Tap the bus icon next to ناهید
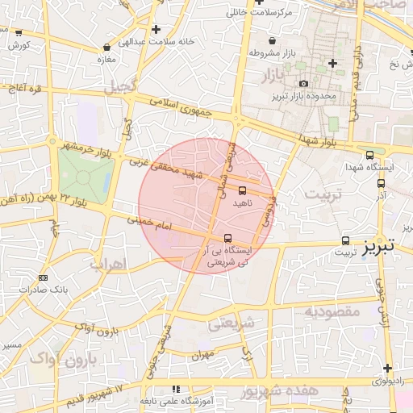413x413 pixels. tap(243, 190)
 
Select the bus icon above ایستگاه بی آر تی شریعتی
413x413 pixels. tap(228, 238)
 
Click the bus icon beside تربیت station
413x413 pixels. tap(345, 240)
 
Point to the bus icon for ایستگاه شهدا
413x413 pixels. tap(369, 155)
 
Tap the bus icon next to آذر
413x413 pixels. tap(380, 183)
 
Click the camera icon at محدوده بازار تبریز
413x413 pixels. tap(302, 83)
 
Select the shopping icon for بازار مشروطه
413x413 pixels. tap(272, 40)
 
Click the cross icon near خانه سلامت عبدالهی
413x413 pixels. tap(155, 29)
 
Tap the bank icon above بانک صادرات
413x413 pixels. tap(43, 277)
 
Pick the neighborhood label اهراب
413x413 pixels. tap(107, 264)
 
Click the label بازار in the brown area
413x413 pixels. tap(274, 77)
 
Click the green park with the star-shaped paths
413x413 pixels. tap(83, 176)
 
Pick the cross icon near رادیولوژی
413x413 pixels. tap(387, 368)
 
